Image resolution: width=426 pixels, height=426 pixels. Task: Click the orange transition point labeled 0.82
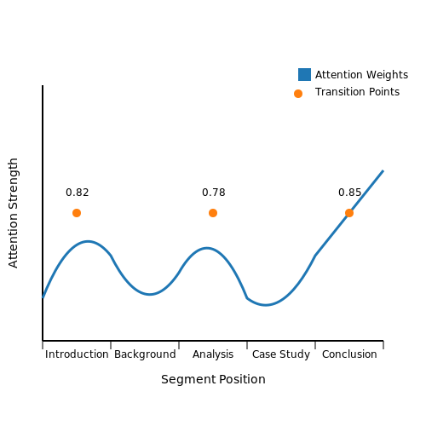[77, 213]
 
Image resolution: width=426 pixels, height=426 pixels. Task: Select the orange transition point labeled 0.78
[213, 213]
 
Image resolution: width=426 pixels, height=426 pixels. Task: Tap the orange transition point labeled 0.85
[349, 213]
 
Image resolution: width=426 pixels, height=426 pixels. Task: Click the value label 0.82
[78, 193]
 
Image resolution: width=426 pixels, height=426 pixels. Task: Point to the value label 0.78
[214, 193]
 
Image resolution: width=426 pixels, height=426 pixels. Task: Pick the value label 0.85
[350, 193]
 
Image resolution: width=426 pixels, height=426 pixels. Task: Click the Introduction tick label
[77, 354]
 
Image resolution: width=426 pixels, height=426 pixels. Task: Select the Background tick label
[145, 354]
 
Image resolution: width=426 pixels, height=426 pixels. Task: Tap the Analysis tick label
[213, 354]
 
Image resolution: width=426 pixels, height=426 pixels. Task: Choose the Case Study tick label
[281, 354]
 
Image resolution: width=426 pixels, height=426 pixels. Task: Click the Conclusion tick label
[349, 354]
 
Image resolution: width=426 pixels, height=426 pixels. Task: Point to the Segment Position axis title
[213, 379]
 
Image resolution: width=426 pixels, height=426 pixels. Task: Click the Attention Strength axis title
[13, 213]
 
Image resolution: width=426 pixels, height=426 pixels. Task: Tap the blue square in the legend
[304, 74]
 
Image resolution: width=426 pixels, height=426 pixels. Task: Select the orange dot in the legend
[298, 94]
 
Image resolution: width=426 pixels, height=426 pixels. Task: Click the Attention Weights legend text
[361, 75]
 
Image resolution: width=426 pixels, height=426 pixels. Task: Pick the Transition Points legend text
[357, 92]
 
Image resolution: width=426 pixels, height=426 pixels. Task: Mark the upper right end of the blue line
[383, 170]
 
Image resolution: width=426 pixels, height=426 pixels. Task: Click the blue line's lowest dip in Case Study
[266, 305]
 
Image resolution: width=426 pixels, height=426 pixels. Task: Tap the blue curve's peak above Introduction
[88, 241]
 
